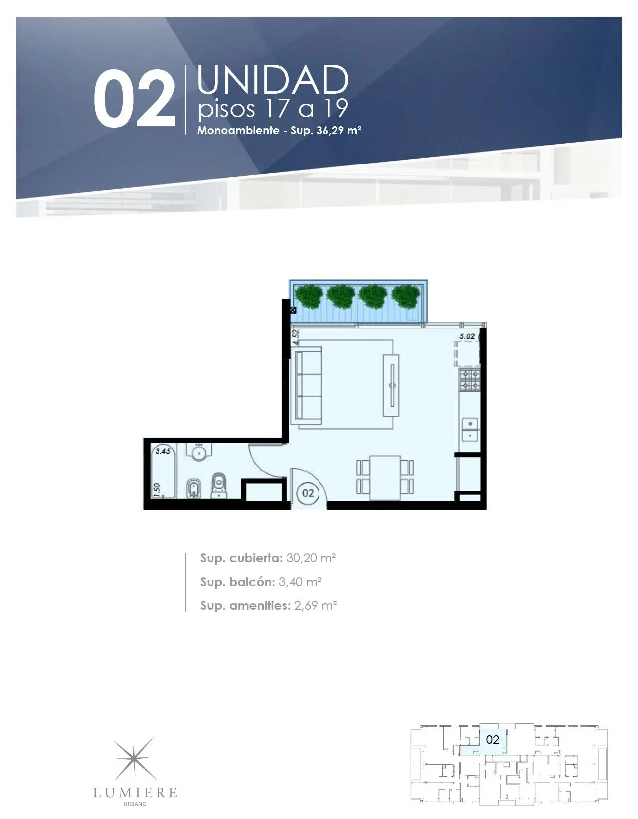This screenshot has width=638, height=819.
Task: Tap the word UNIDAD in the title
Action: (x=273, y=80)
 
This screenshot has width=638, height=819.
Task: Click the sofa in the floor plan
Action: (x=308, y=385)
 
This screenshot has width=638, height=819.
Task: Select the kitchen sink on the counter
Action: (x=471, y=429)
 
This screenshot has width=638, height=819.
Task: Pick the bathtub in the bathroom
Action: (x=163, y=472)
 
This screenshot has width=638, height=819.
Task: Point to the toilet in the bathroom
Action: (x=219, y=486)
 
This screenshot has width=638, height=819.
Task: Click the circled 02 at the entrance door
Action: (x=308, y=492)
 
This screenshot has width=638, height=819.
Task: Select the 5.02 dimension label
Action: (x=467, y=336)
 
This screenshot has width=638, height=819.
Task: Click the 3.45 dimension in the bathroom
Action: (x=163, y=451)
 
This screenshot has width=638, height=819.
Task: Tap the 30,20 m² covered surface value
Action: (x=311, y=558)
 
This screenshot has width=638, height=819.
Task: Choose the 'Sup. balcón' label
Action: (x=237, y=582)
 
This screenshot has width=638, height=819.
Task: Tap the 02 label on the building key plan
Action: (x=492, y=739)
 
